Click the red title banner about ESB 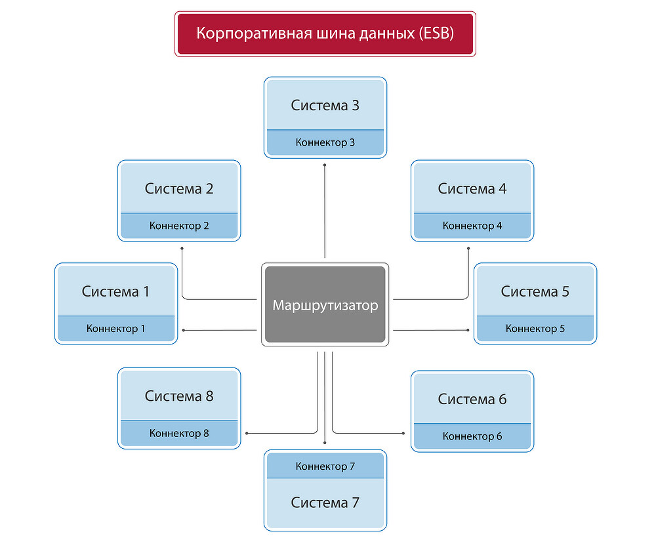click(325, 33)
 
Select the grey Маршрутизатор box click(325, 305)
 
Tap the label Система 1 click(115, 291)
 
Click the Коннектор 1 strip click(115, 329)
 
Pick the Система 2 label click(179, 189)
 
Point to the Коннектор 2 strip click(179, 226)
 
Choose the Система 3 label click(325, 106)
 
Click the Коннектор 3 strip click(325, 142)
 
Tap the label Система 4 click(472, 189)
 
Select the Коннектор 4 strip click(472, 226)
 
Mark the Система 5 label click(535, 291)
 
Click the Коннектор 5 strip click(535, 329)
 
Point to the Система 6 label click(472, 399)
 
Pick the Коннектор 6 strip click(472, 436)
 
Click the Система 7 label click(325, 503)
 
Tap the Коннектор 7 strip click(325, 467)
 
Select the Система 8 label click(179, 396)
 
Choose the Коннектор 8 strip click(179, 433)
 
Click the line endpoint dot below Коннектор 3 click(325, 165)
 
